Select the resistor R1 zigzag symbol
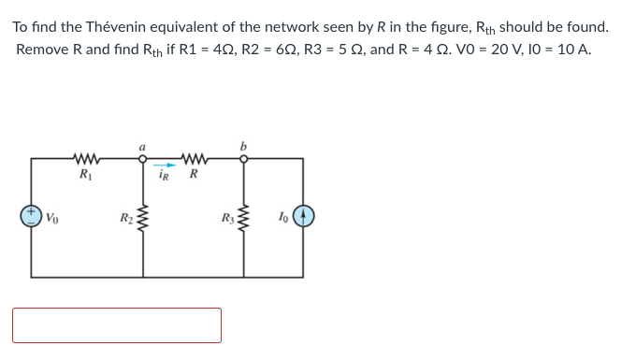pos(86,157)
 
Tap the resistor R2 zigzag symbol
pos(143,222)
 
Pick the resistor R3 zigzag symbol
pos(245,222)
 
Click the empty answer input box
pos(117,325)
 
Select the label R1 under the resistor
pos(85,174)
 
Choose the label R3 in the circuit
pos(226,220)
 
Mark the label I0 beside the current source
pos(282,218)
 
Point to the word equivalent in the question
pos(190,26)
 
